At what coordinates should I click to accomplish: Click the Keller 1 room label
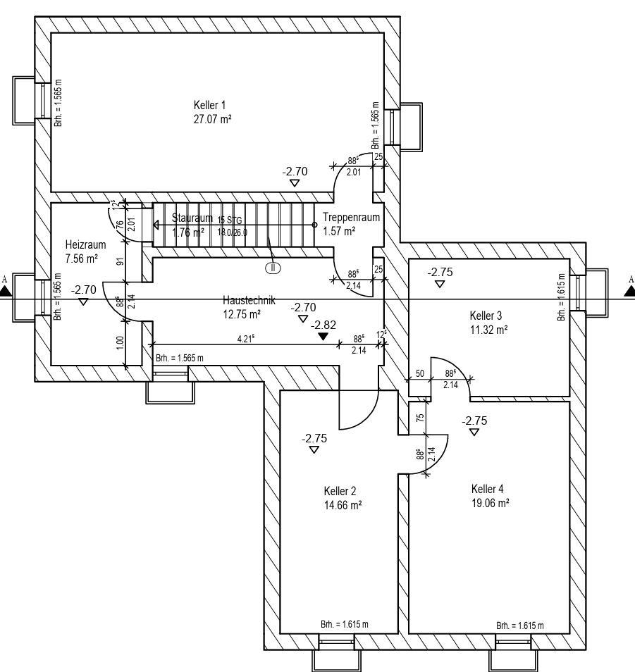[209, 105]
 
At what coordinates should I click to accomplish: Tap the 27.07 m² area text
[212, 119]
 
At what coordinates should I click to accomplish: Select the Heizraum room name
[85, 244]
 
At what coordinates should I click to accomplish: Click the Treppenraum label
[351, 217]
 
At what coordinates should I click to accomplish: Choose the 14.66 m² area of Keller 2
[343, 504]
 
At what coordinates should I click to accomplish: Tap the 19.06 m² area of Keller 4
[491, 502]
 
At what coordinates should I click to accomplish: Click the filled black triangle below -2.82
[323, 337]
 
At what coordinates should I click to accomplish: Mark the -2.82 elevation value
[324, 325]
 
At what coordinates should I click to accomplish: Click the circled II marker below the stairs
[273, 267]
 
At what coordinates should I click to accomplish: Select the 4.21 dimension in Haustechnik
[245, 339]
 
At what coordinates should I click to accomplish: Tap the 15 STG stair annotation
[230, 220]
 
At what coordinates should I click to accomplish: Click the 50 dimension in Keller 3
[419, 373]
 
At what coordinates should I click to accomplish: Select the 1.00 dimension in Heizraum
[120, 342]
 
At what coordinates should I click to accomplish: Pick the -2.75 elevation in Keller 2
[314, 438]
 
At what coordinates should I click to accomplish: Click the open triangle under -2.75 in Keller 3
[440, 284]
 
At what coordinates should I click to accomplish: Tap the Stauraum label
[192, 218]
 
